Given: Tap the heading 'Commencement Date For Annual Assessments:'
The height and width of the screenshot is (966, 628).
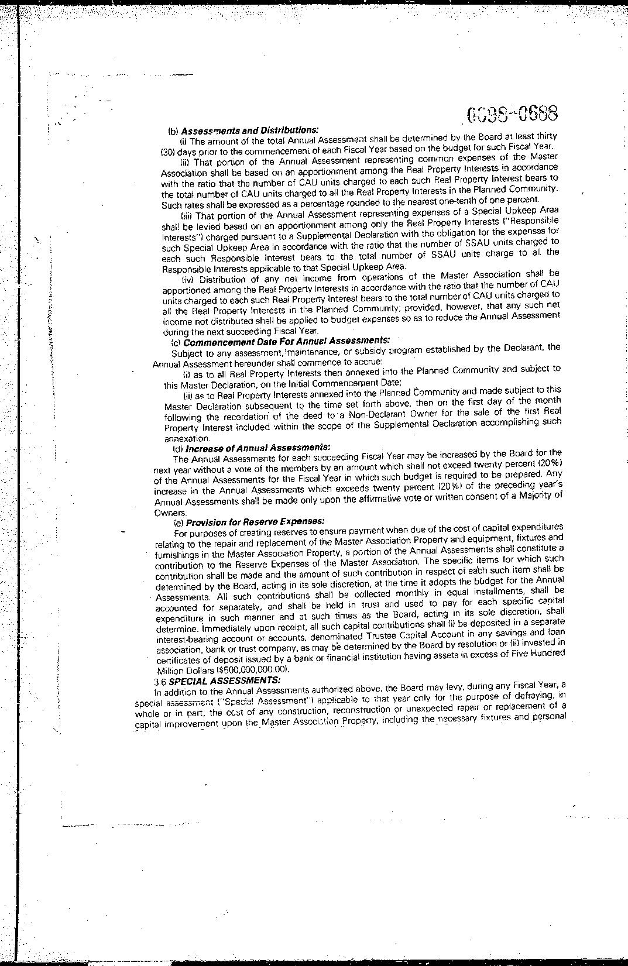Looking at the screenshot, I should [287, 341].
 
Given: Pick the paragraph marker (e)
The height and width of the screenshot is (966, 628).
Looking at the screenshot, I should [179, 522].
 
